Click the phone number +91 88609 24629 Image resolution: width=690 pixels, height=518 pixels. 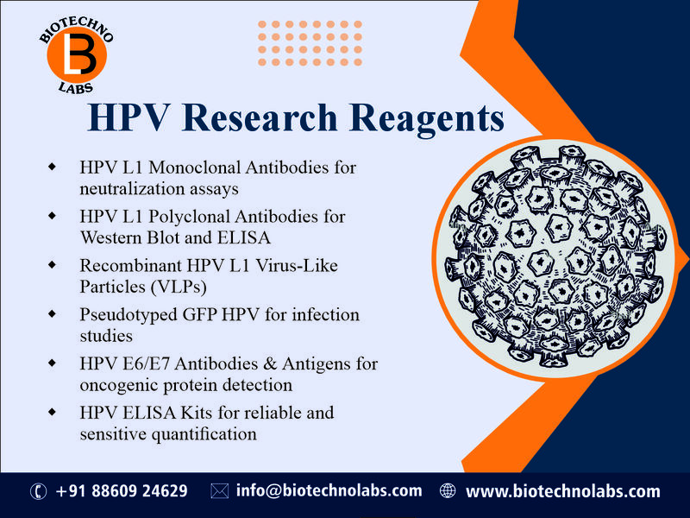point(122,491)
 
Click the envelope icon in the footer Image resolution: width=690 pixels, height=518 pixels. point(219,491)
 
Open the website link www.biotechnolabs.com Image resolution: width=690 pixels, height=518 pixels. point(562,491)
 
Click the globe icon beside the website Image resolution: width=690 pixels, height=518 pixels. point(447,491)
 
